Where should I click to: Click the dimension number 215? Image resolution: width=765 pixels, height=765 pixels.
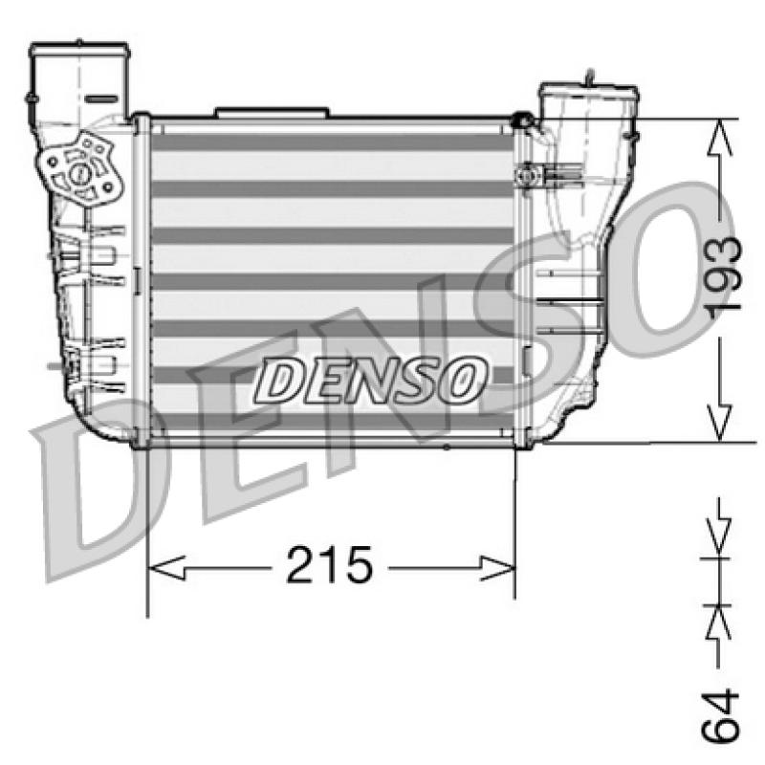click(x=329, y=565)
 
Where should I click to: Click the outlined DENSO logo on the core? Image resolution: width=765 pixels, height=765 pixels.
click(x=370, y=381)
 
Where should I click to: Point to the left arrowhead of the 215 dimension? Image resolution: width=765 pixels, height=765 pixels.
click(x=166, y=567)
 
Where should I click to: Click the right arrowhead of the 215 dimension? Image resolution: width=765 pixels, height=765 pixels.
click(x=497, y=567)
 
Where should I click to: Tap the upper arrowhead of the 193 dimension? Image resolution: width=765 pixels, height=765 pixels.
click(x=719, y=138)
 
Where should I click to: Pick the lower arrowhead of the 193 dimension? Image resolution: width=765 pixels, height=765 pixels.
click(x=719, y=423)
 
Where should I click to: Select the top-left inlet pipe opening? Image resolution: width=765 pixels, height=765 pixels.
click(x=79, y=49)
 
